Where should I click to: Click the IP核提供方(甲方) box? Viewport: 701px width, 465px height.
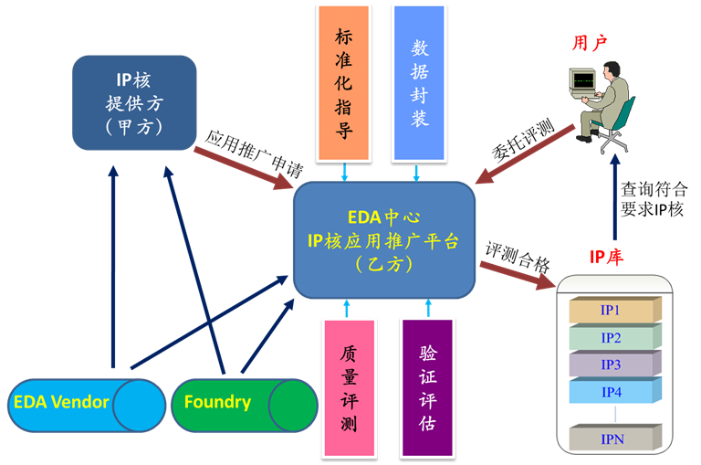(134, 101)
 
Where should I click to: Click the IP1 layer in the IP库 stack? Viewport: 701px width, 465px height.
(611, 311)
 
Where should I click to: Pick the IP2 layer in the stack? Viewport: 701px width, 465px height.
(611, 338)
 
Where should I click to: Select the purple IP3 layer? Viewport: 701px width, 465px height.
(611, 365)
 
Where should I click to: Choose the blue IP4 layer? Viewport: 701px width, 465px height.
(611, 392)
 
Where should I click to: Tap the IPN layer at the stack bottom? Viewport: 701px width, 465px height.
(611, 439)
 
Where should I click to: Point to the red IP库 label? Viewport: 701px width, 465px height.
(606, 258)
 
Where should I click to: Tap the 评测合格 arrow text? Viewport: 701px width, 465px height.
(517, 259)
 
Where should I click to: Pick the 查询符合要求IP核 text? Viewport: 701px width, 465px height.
(654, 199)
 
